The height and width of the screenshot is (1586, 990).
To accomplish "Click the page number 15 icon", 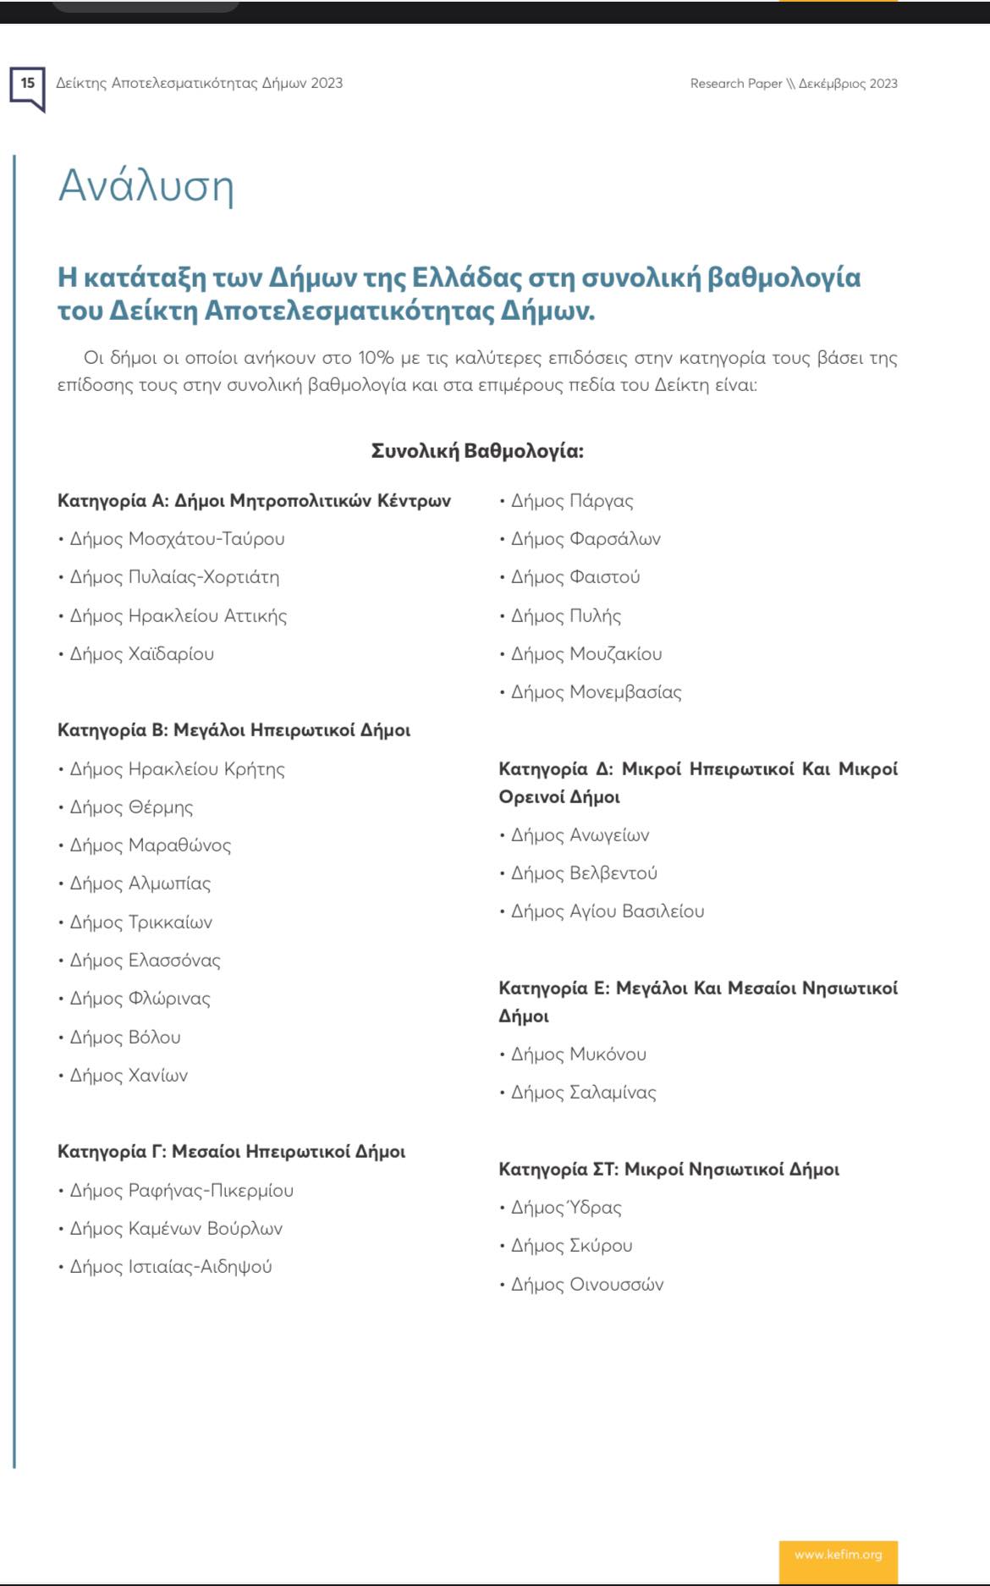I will [x=27, y=85].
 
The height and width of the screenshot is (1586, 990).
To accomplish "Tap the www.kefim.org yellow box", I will [x=838, y=1555].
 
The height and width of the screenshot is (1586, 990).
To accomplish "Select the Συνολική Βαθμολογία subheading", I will [x=477, y=451].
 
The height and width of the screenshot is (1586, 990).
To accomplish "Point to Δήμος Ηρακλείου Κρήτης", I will [x=177, y=769].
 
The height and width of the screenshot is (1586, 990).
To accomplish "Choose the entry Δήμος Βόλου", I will [x=125, y=1038].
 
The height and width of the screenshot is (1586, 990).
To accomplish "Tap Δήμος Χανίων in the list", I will [x=129, y=1076].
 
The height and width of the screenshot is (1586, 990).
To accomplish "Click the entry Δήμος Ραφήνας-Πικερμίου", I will [x=181, y=1191].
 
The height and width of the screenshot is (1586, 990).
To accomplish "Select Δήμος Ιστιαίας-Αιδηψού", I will [x=171, y=1267].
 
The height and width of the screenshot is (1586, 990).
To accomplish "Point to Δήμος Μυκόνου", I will [x=578, y=1055].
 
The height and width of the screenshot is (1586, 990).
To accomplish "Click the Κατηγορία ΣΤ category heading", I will [x=668, y=1170].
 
